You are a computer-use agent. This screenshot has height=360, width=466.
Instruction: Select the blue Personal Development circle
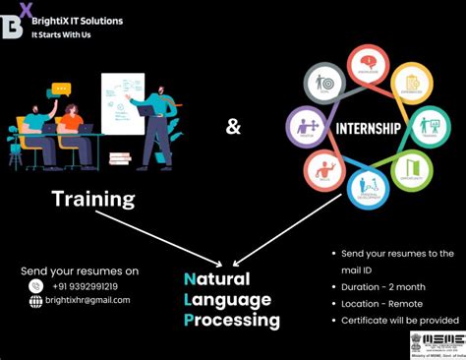click(x=368, y=186)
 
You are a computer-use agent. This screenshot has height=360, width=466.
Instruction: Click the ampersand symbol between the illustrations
click(x=232, y=126)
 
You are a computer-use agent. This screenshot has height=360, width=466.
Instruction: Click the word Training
click(x=93, y=199)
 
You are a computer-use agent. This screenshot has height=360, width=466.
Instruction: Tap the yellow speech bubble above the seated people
click(x=63, y=90)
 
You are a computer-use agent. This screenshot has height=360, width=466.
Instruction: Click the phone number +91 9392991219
click(x=86, y=286)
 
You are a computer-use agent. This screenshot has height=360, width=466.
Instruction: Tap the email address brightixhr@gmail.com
click(x=93, y=301)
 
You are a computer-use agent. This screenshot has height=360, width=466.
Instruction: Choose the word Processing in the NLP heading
click(x=231, y=320)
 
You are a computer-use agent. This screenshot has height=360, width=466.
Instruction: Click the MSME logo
click(x=435, y=343)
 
